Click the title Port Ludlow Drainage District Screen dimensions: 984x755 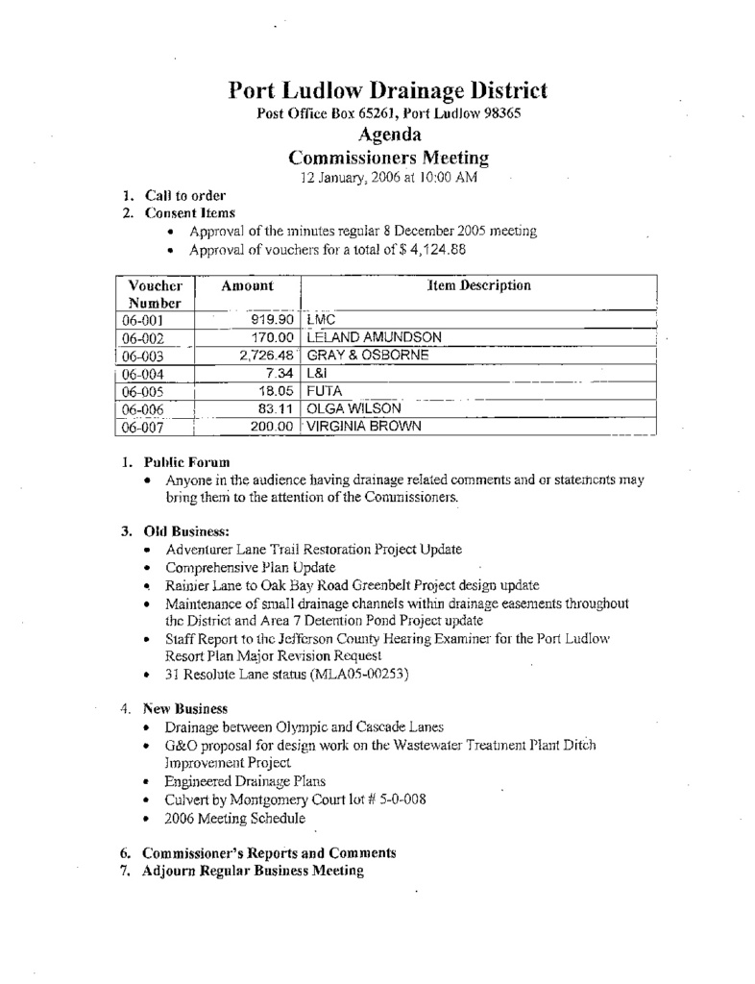(x=388, y=91)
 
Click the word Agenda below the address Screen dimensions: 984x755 (x=388, y=135)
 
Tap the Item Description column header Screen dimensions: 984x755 (x=478, y=285)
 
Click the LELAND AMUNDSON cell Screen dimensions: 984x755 (x=374, y=337)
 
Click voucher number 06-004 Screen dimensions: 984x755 (x=139, y=374)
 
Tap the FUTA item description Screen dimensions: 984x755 (x=324, y=391)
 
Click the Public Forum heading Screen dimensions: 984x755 (x=186, y=461)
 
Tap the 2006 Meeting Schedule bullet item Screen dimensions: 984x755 (x=235, y=819)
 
